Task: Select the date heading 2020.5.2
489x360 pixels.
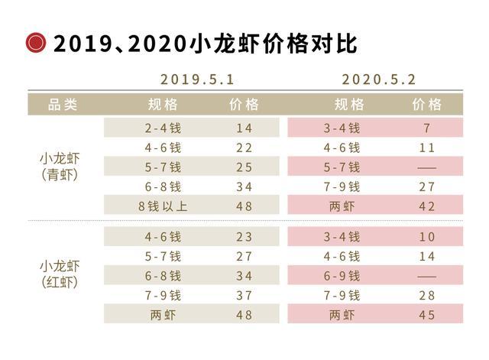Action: tap(379, 79)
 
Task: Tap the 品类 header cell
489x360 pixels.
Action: tap(63, 105)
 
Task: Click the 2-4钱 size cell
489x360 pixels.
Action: tap(163, 128)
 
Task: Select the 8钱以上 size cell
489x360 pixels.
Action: tap(163, 206)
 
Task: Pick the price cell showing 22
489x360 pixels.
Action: tap(244, 148)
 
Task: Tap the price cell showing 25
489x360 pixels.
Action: tap(244, 167)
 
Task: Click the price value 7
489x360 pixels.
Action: tap(426, 128)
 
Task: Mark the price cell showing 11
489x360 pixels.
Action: tap(426, 148)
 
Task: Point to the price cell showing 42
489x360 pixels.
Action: tap(426, 206)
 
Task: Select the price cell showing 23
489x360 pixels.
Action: tap(244, 237)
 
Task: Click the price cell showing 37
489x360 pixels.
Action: tap(244, 295)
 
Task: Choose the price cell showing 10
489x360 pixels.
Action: tap(426, 237)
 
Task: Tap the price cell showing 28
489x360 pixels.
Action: tap(426, 295)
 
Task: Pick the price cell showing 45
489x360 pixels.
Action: tap(426, 314)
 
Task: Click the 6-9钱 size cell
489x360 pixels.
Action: tap(342, 275)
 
